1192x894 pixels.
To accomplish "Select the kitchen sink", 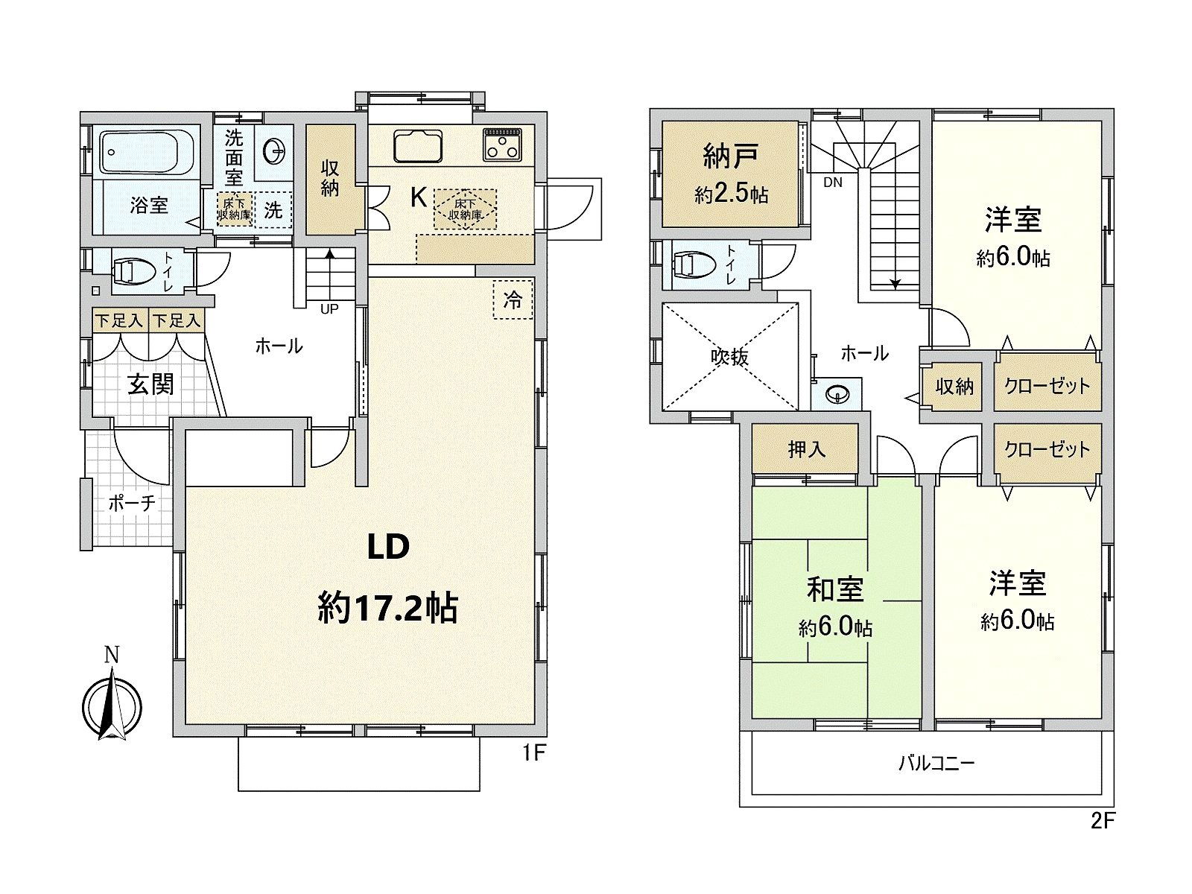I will [x=418, y=145].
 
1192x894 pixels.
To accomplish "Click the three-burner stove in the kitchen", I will [x=504, y=144].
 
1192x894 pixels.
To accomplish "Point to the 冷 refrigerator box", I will [x=513, y=299].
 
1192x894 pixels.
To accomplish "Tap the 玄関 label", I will [x=150, y=384].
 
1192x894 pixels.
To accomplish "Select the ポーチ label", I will [x=132, y=503].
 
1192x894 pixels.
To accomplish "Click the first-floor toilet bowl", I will [x=131, y=270].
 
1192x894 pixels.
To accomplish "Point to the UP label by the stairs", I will [x=329, y=308].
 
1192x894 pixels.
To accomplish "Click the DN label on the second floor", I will [x=833, y=182].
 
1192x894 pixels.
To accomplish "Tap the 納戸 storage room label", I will [x=731, y=156].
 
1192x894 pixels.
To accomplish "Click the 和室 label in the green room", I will [x=835, y=589].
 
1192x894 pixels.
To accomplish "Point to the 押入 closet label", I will [x=807, y=449].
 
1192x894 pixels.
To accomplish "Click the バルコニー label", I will [x=936, y=763].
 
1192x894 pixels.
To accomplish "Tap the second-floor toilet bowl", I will [x=690, y=264].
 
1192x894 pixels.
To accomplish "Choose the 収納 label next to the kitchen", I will [x=330, y=177].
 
